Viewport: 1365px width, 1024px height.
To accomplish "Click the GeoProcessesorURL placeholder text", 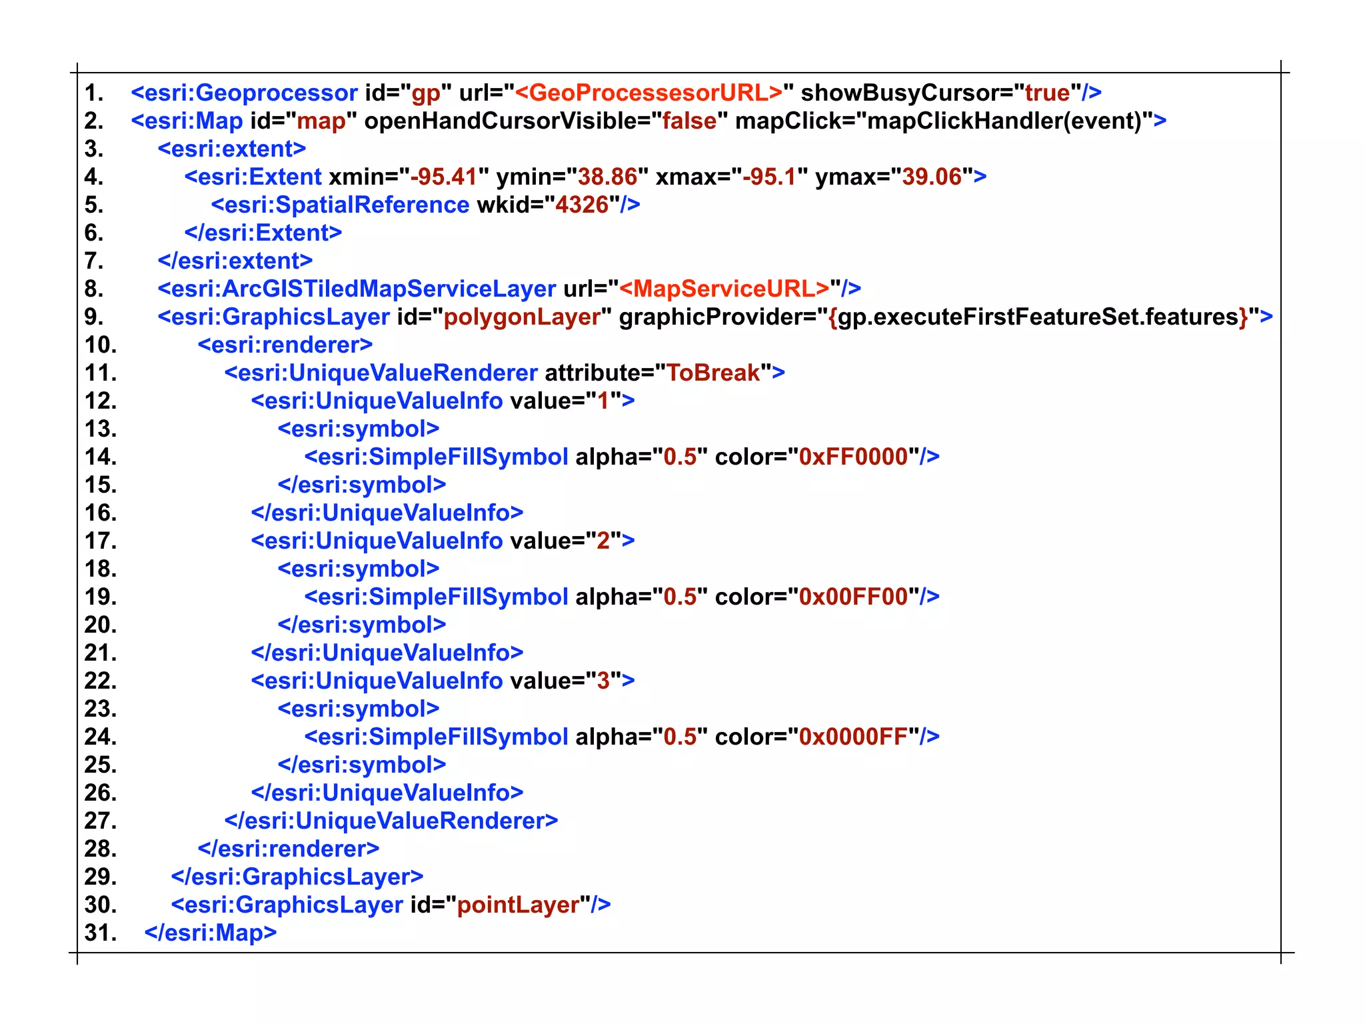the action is click(x=649, y=93).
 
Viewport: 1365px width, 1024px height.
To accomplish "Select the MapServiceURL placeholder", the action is click(x=724, y=289).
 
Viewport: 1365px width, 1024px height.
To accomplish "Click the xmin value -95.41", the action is click(x=444, y=177).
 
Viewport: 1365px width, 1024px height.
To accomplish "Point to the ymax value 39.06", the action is click(x=932, y=177).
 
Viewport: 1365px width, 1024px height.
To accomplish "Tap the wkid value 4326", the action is click(x=582, y=205).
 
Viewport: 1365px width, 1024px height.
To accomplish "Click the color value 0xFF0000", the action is click(x=853, y=457).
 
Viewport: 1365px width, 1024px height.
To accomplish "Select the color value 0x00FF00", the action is click(x=853, y=597).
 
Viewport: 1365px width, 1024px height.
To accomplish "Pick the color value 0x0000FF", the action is click(x=853, y=737).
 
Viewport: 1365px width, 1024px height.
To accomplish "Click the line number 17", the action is click(x=100, y=541).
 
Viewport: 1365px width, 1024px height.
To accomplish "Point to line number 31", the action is click(x=100, y=933).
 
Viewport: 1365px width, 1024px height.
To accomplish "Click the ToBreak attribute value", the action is click(x=713, y=373).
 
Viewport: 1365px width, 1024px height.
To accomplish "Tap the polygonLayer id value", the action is click(x=522, y=317).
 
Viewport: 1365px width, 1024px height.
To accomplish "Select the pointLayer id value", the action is click(x=518, y=905).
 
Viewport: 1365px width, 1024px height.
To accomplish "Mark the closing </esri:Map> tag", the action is click(x=210, y=933).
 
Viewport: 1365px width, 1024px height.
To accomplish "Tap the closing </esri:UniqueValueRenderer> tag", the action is click(x=391, y=821).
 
